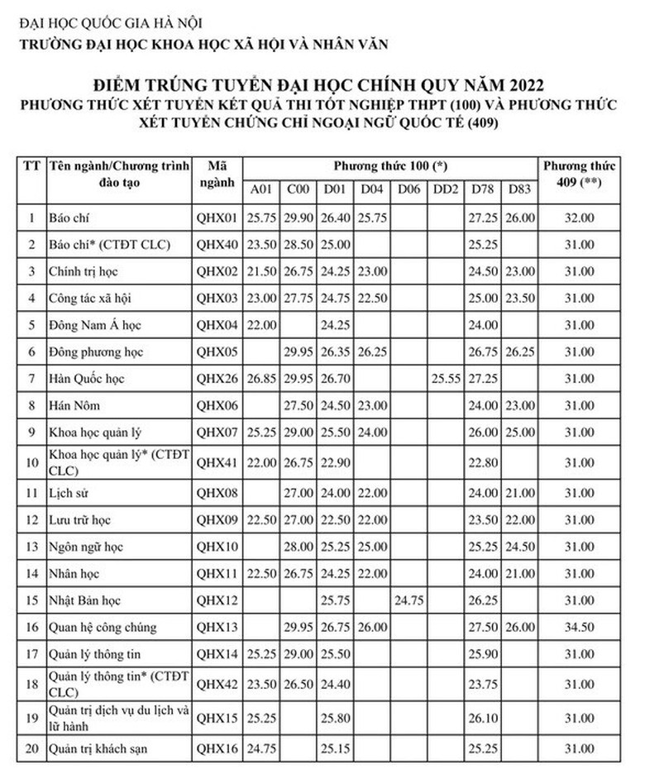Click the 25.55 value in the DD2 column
(446, 379)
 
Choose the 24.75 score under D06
(408, 600)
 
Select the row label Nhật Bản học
(82, 600)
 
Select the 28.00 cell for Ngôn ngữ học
(298, 547)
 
